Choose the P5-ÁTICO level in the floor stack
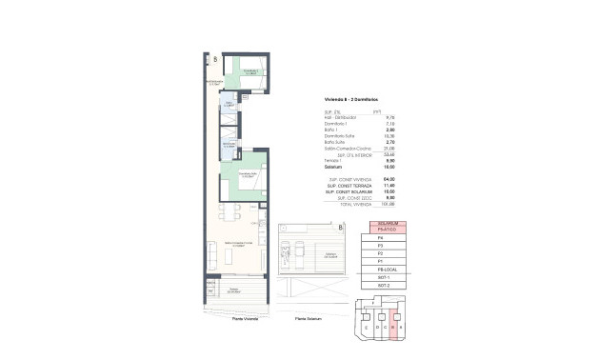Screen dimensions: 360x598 point(386,230)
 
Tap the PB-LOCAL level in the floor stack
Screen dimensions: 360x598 point(386,270)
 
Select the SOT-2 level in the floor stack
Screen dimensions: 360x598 point(386,285)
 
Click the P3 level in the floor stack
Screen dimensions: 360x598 point(386,246)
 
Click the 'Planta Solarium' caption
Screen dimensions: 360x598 point(307,317)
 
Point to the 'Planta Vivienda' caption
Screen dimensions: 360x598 point(244,317)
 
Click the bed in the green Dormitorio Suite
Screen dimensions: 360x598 point(249,181)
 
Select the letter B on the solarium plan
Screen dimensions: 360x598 point(339,228)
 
